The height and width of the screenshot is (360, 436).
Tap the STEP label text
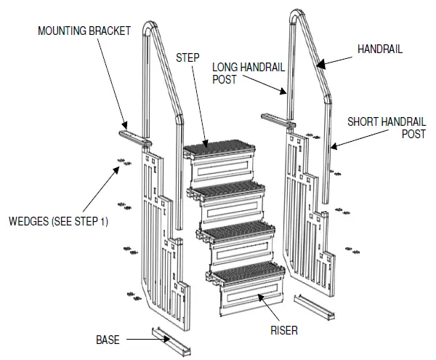coord(187,56)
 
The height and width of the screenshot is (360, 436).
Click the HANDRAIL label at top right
coord(379,49)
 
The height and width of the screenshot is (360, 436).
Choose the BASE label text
coord(108,340)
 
